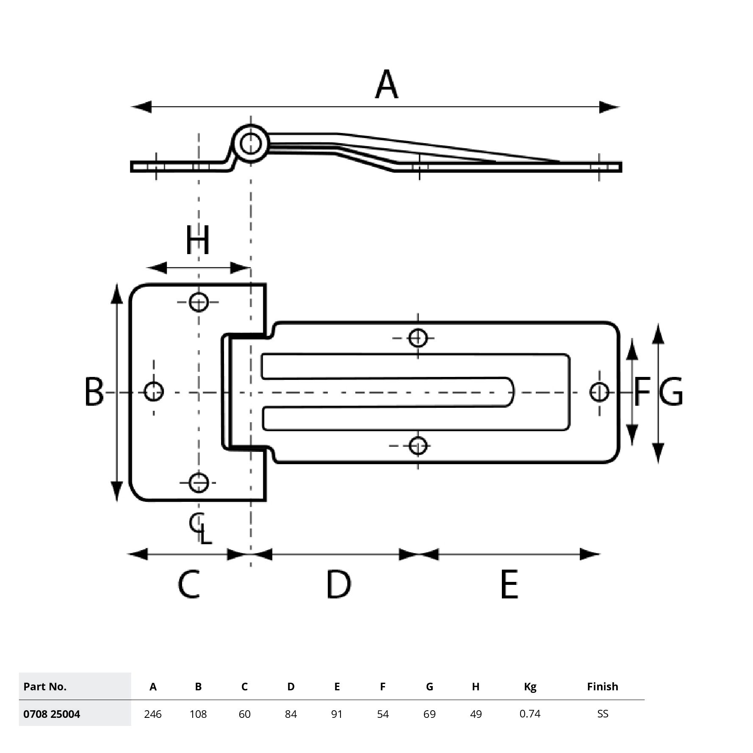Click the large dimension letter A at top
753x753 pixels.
386,85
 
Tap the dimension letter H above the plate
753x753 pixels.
198,240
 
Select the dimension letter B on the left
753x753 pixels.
94,392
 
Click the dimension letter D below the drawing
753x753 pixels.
338,585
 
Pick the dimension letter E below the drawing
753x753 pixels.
509,585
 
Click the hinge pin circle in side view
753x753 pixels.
250,144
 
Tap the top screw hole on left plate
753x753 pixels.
199,302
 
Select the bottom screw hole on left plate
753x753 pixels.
199,482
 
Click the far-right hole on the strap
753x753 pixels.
599,392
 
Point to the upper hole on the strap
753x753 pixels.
418,338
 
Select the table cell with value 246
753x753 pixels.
152,714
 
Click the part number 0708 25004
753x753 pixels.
52,714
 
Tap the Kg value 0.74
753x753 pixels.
530,714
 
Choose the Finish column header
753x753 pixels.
602,687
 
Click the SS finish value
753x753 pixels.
602,714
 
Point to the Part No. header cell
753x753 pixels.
45,687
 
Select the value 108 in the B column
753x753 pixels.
198,714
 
